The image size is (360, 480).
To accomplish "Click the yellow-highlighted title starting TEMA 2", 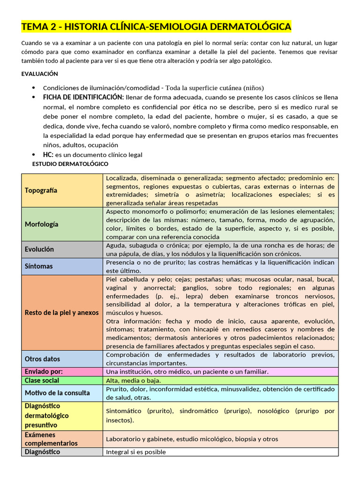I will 156,27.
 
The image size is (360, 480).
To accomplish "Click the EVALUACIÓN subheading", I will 39,74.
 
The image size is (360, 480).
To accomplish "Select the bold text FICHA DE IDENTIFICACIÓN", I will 83,97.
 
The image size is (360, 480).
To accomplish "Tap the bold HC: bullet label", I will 49,155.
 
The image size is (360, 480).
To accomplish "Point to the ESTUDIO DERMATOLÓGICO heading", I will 70,164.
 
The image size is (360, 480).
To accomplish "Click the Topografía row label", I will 41,190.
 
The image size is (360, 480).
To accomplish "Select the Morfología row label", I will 42,224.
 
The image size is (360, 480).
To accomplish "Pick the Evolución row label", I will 39,249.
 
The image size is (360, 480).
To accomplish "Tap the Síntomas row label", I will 39,266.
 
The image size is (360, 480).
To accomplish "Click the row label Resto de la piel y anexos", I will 61,313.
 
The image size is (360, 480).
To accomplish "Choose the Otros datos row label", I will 42,359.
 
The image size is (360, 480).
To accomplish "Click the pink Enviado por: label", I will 44,372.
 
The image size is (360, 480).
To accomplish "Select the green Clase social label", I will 42,380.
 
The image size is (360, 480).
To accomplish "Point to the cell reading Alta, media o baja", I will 134,380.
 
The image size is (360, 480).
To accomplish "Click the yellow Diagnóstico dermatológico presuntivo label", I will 47,415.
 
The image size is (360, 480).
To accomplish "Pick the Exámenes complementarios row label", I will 51,439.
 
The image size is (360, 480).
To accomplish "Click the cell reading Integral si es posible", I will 136,452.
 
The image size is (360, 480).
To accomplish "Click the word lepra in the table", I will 187,297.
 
